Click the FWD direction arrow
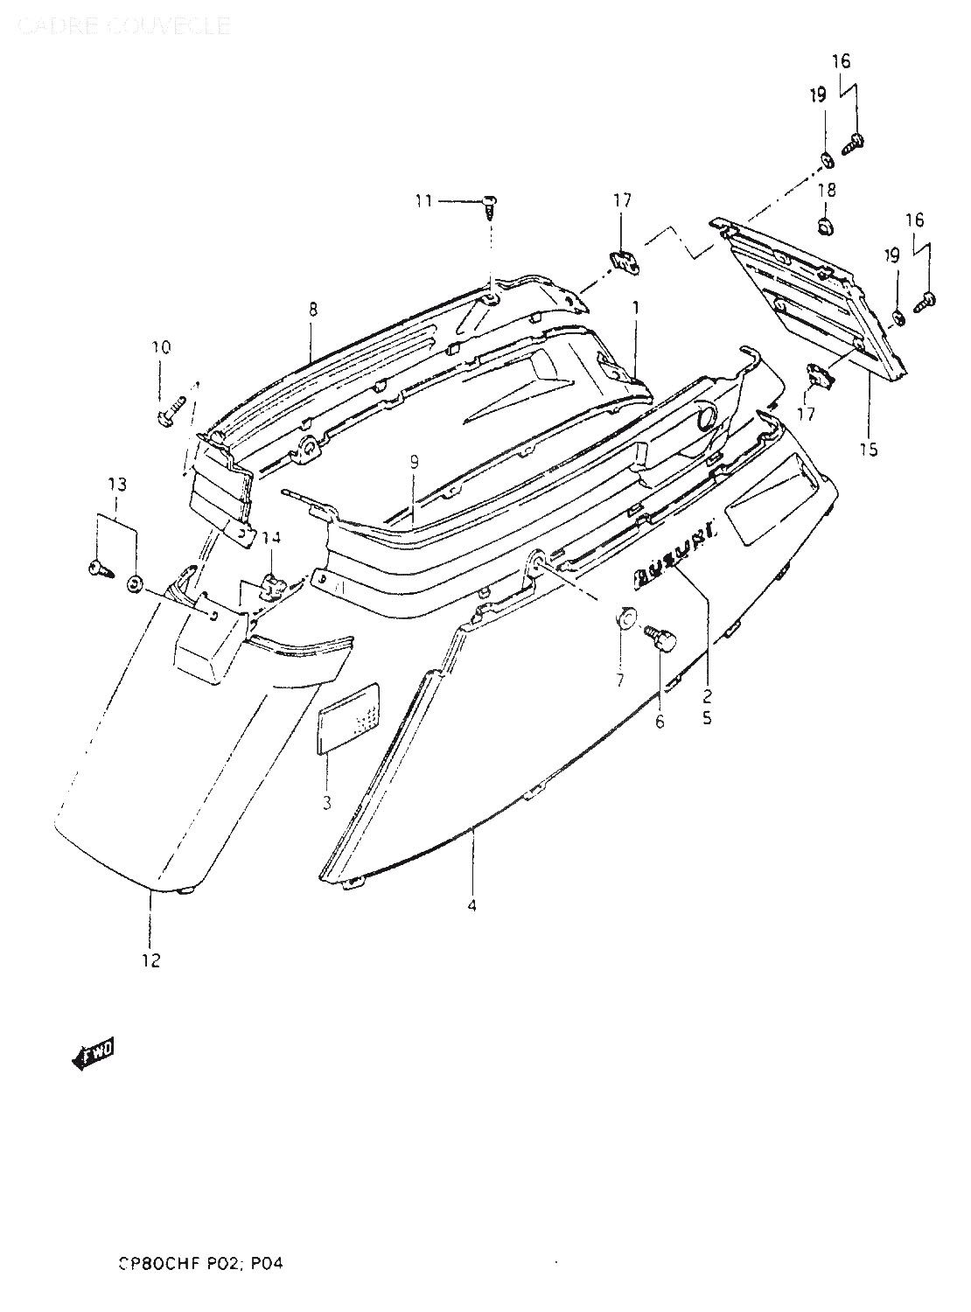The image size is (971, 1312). [x=92, y=1057]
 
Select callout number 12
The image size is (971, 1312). [x=150, y=960]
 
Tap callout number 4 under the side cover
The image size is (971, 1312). [x=472, y=906]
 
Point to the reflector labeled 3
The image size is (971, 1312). [x=348, y=717]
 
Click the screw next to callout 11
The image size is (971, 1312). [x=491, y=206]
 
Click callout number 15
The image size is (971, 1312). [x=868, y=450]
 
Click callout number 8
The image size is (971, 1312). [x=312, y=309]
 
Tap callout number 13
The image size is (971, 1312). [x=116, y=485]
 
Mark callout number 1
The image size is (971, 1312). [x=636, y=308]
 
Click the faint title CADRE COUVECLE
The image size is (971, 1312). [x=124, y=24]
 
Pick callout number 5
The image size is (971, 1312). [x=707, y=719]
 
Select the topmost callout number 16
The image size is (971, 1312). [x=840, y=61]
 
